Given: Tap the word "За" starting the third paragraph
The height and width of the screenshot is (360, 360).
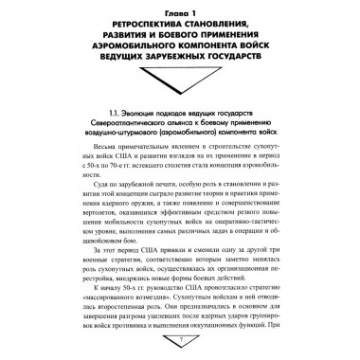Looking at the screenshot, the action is coord(67,275).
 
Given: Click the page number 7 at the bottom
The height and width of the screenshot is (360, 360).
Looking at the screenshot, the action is coord(180,355).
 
